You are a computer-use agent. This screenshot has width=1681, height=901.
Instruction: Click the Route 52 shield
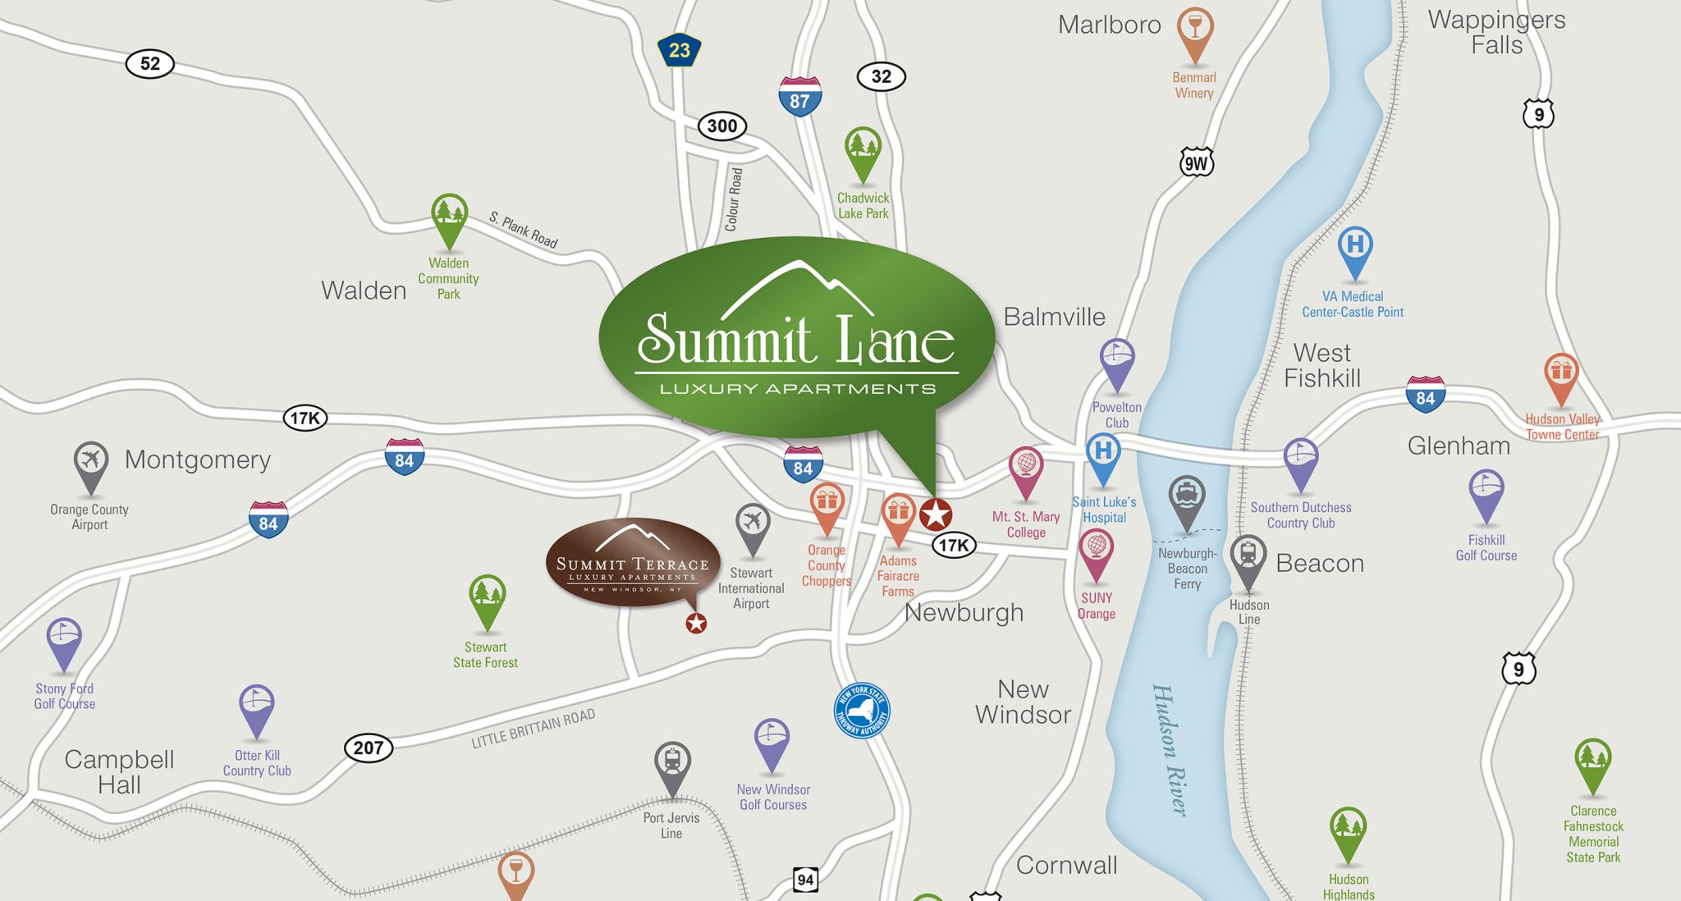coord(150,64)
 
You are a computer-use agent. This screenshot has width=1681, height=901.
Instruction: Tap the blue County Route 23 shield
coord(679,51)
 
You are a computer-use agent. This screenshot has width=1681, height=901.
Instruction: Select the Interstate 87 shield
coord(799,97)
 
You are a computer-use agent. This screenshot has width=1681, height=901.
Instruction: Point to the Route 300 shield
coord(722,126)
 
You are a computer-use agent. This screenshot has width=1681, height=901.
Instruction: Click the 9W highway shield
coord(1196,163)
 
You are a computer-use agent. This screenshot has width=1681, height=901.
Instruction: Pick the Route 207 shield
coord(368,748)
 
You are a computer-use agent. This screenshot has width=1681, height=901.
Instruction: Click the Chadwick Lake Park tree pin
coord(863,152)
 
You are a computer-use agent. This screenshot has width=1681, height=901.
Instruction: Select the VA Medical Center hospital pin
coord(1355,250)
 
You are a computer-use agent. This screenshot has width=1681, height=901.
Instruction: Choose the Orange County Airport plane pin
coord(90,465)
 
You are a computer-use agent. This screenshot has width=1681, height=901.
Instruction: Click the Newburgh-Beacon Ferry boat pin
coord(1187,500)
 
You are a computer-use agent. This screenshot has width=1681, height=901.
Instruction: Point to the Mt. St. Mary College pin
coord(1026,470)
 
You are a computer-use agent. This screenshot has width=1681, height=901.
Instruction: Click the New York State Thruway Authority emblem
coord(862,711)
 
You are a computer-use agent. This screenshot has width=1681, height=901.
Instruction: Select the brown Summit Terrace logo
coord(632,563)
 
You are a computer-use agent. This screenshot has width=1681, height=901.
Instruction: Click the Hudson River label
coord(1170,749)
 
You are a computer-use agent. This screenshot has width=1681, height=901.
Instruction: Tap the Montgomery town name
coord(198,460)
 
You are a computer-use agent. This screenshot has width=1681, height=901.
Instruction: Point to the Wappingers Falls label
coord(1496,32)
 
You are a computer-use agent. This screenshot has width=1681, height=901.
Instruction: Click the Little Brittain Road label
coord(533,729)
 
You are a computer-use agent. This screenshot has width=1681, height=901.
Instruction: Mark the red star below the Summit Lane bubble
coord(935,515)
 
